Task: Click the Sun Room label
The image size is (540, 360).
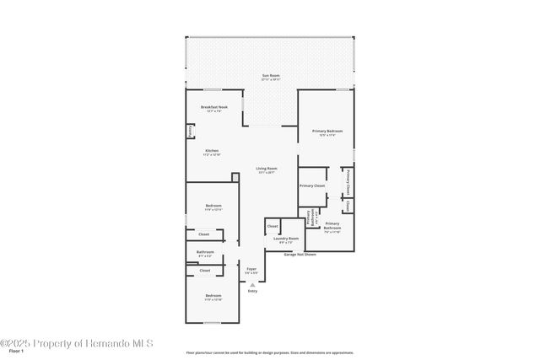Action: (271, 77)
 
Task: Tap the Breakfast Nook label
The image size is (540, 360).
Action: (213, 108)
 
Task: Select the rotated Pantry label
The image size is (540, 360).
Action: (191, 132)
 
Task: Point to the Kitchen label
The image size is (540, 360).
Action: (212, 152)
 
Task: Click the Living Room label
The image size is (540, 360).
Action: (267, 169)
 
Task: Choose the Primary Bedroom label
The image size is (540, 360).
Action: (327, 132)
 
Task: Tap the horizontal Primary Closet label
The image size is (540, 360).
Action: (312, 185)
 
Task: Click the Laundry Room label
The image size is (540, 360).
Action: (286, 239)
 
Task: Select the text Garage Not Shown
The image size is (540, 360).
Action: (300, 254)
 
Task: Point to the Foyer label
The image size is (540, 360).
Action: (251, 270)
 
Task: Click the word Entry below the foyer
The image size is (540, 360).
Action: (252, 291)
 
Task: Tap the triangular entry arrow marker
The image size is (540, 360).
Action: (252, 284)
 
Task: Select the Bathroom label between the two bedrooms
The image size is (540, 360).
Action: (205, 253)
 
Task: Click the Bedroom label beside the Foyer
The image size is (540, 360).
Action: (213, 296)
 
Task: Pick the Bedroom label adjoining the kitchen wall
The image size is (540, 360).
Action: (213, 207)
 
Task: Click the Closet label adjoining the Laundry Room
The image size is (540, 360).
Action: (273, 227)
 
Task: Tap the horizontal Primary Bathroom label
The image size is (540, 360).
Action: (332, 226)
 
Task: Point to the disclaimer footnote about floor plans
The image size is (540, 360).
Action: (270, 352)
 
